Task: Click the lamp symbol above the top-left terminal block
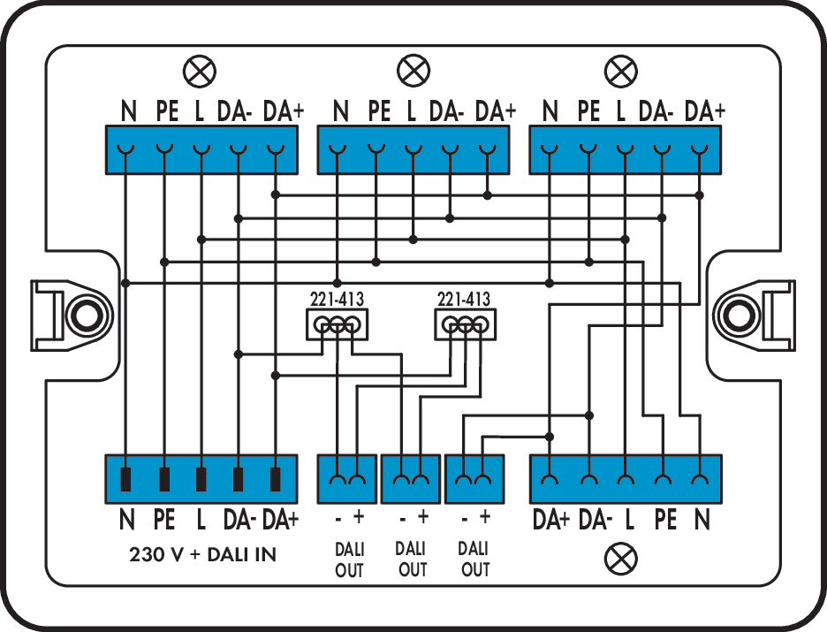click(199, 70)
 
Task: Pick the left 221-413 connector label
click(336, 299)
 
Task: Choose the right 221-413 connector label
click(464, 299)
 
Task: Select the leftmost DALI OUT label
click(349, 560)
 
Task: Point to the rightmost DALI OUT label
click(475, 560)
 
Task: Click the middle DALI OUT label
click(413, 560)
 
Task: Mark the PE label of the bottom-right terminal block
click(665, 520)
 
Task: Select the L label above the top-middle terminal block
click(412, 112)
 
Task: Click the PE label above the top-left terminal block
click(166, 112)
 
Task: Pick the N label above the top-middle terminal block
click(340, 112)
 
